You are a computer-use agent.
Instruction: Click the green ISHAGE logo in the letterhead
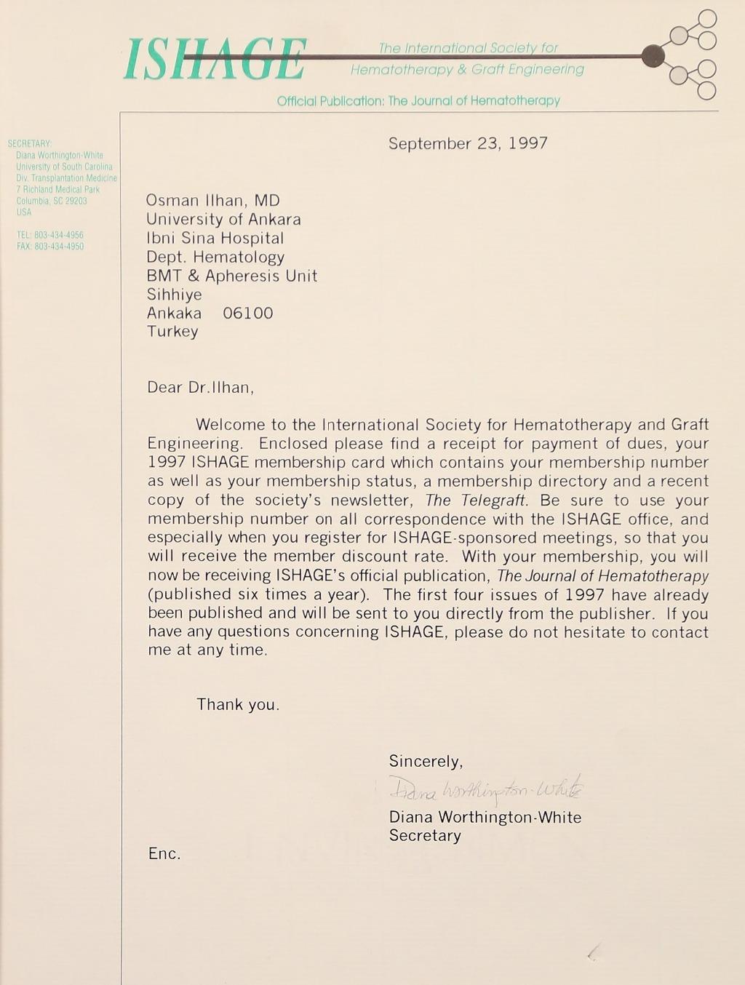pos(215,60)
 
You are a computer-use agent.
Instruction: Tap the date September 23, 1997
pos(468,143)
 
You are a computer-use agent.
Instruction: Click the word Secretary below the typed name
pos(425,836)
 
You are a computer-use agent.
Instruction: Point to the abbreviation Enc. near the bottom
pos(164,854)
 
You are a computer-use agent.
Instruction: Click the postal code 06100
pos(248,314)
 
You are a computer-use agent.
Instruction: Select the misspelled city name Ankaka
pos(175,314)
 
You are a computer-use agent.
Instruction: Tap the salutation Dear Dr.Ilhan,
pos(201,387)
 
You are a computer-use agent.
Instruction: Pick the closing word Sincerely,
pos(426,762)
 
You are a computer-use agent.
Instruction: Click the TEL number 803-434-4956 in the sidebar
pos(58,235)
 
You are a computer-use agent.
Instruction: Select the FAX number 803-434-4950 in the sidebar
pos(58,247)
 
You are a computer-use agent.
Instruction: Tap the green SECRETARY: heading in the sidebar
pos(30,144)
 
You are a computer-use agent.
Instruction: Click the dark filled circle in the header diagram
pos(654,55)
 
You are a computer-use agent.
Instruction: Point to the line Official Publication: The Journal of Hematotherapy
pos(418,101)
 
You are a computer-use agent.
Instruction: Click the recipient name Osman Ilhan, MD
pos(213,201)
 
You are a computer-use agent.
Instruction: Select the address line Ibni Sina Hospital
pos(215,239)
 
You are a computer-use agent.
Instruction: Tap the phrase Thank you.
pos(238,705)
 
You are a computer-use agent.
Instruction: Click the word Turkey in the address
pos(172,332)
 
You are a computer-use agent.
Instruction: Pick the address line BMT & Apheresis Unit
pos(232,276)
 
